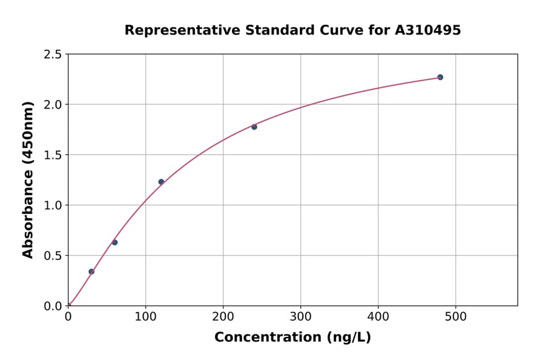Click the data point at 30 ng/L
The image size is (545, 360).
pyautogui.click(x=91, y=272)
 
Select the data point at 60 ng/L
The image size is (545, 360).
pyautogui.click(x=114, y=242)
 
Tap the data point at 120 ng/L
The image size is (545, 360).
pyautogui.click(x=161, y=182)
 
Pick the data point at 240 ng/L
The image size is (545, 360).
pyautogui.click(x=254, y=127)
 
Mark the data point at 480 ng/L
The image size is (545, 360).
pyautogui.click(x=440, y=77)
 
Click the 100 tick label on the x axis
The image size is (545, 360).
pyautogui.click(x=145, y=316)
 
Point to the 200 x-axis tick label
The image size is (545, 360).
pyautogui.click(x=223, y=316)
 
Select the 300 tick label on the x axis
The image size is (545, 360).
pyautogui.click(x=300, y=316)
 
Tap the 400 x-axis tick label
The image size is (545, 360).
pyautogui.click(x=378, y=316)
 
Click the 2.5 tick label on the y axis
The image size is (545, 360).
pyautogui.click(x=53, y=55)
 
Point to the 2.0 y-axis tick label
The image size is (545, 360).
pyautogui.click(x=53, y=105)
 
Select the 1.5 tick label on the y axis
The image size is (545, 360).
pyautogui.click(x=53, y=155)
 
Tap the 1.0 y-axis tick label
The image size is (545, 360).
pyautogui.click(x=53, y=205)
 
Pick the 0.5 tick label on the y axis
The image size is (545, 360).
pyautogui.click(x=53, y=256)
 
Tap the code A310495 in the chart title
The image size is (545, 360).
pyautogui.click(x=428, y=30)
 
